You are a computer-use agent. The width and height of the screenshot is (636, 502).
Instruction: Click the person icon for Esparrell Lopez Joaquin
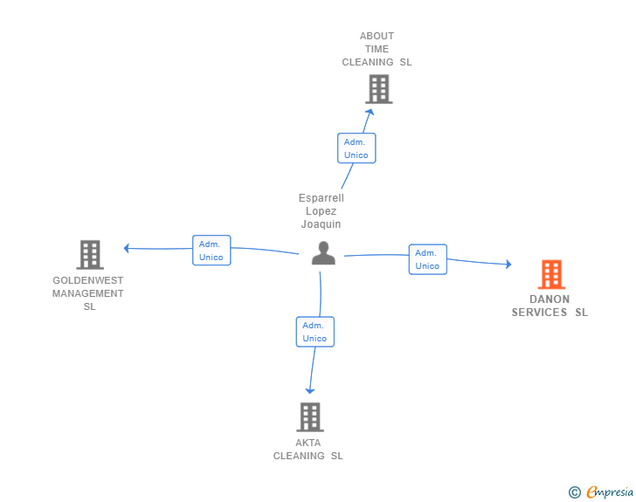coord(323,253)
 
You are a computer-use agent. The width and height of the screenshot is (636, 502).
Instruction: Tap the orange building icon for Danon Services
coord(551,274)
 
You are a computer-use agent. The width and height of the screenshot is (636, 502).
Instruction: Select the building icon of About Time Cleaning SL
coord(379,89)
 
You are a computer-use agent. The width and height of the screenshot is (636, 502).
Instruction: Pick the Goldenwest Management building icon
coord(90,255)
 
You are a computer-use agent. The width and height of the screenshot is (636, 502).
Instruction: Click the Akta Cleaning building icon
coord(310,416)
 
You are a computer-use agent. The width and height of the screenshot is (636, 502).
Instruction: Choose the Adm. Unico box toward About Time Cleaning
coord(356,148)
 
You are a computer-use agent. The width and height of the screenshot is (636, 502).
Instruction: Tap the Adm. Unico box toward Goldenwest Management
coord(211,251)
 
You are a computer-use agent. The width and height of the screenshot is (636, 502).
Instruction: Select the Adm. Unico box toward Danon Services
coord(427,259)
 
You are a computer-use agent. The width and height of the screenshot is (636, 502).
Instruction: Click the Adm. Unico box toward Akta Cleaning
coord(315,332)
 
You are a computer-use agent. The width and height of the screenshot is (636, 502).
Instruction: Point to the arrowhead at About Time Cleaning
coord(370,112)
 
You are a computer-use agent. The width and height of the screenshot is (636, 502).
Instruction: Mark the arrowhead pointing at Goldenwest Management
coord(127,248)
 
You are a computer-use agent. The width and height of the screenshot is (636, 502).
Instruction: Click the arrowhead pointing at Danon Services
coord(508,265)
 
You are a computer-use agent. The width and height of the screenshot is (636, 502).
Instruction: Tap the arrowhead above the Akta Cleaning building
coord(310,391)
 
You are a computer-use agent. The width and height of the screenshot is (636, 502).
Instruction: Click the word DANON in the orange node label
coord(550,299)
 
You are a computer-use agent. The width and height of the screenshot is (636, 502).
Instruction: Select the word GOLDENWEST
coord(88,280)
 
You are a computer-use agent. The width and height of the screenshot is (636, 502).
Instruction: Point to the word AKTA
coord(308,443)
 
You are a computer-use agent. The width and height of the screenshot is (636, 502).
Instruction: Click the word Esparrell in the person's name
coord(321,198)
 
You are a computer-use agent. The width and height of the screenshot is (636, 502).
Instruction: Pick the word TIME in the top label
coord(377,49)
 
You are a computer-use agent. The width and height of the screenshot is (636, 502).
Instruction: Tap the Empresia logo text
coord(610,492)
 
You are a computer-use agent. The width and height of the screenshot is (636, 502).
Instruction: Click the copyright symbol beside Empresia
coord(575,492)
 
